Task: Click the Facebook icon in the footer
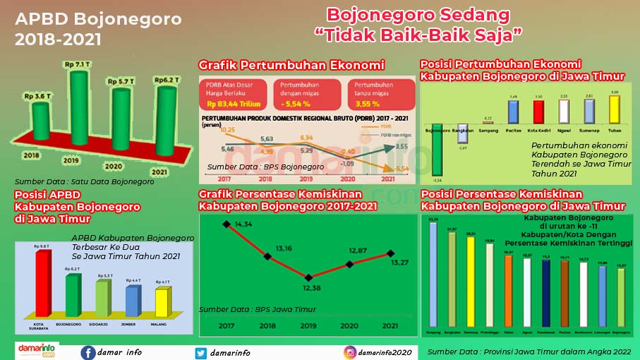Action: (x=88, y=353)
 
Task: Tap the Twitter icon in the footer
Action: (x=201, y=353)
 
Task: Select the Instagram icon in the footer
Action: (x=349, y=353)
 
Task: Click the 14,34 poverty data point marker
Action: (x=227, y=224)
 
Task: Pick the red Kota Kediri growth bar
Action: (x=538, y=114)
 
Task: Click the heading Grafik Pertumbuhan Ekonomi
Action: (x=291, y=66)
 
